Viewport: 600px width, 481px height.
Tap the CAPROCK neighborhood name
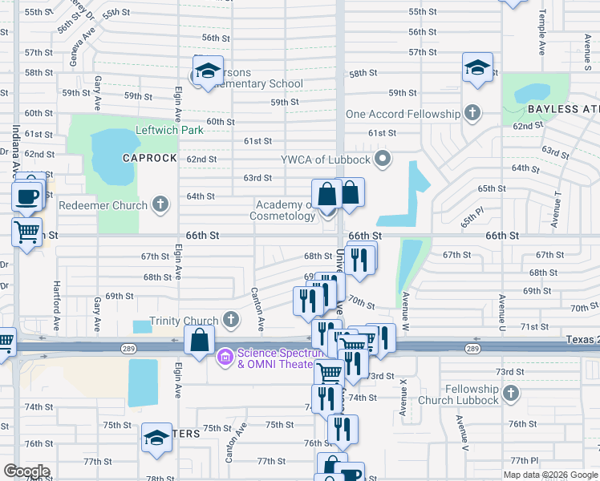tap(149, 158)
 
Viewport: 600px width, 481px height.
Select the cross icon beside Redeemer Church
tap(160, 204)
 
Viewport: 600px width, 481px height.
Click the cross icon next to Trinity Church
tap(231, 321)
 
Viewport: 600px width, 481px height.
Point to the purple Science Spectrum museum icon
tap(225, 355)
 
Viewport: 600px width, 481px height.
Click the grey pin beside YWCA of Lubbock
tap(383, 157)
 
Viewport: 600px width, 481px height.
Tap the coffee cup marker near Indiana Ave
tap(26, 196)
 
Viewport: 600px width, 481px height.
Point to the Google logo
tap(26, 471)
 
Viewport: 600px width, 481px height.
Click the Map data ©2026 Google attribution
tap(551, 475)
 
